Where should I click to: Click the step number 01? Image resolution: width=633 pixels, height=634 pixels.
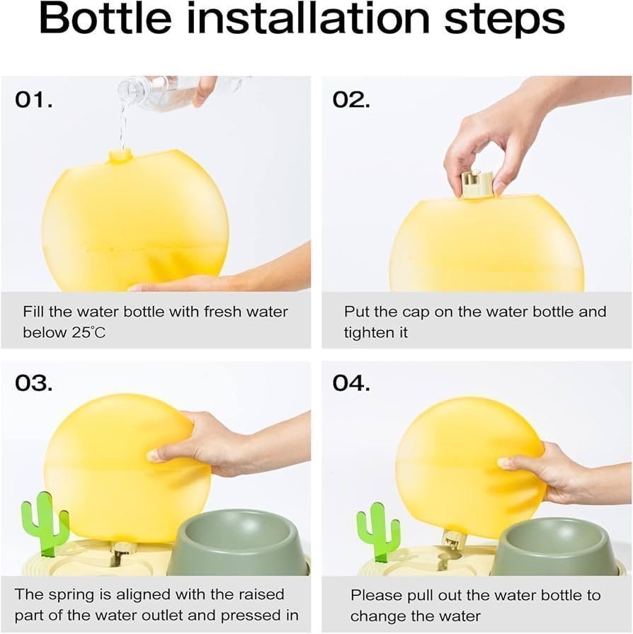tap(34, 99)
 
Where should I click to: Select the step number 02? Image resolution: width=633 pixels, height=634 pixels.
tap(351, 99)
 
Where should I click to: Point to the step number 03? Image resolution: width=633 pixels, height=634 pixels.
tap(34, 383)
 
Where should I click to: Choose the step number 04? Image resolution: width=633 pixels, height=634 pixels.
tap(351, 383)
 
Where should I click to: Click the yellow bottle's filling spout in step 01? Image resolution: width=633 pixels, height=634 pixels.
tap(120, 156)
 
